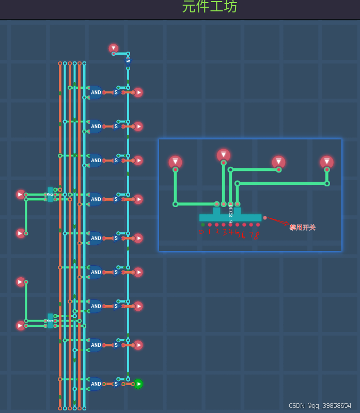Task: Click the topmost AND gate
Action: (x=96, y=93)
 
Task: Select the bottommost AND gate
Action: (x=96, y=384)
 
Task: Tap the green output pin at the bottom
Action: (x=138, y=384)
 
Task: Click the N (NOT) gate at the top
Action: (x=128, y=61)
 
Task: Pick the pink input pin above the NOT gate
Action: (x=114, y=48)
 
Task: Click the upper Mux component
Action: (x=50, y=194)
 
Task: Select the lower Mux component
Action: (x=50, y=321)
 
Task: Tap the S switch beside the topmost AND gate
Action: (x=116, y=93)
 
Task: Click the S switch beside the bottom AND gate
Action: (x=116, y=384)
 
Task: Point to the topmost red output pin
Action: (x=138, y=92)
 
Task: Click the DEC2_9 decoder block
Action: (x=230, y=217)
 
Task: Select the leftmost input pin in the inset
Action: (x=175, y=162)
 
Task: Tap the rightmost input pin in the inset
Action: (x=326, y=162)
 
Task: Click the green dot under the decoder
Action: (x=202, y=225)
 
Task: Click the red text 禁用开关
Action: (x=302, y=227)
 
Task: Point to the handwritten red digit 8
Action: (x=256, y=235)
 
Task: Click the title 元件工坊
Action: (x=210, y=7)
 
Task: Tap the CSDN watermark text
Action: (x=320, y=406)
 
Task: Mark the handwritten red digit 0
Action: (x=201, y=233)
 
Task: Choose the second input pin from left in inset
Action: (x=223, y=155)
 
